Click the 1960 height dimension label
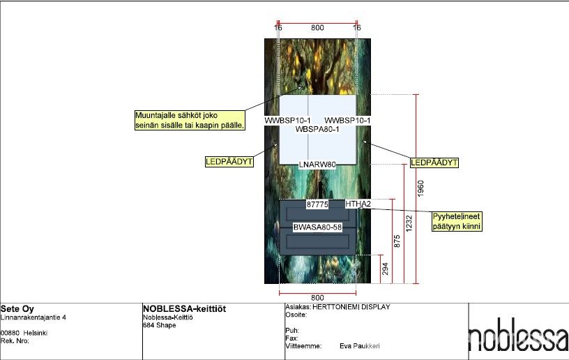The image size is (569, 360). tap(420, 188)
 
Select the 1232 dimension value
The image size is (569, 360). tap(409, 223)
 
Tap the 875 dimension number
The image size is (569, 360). tap(397, 241)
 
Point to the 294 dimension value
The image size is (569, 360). tap(385, 269)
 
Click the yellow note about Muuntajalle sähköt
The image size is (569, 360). tap(190, 120)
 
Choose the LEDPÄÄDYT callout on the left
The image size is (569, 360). tap(229, 161)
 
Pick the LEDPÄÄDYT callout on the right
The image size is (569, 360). tap(434, 163)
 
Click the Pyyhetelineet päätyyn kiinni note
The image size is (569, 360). tap(457, 221)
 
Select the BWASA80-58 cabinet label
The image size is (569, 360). tap(317, 227)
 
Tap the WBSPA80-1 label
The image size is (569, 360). tap(317, 129)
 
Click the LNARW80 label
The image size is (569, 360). tap(317, 165)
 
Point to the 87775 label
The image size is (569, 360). tap(317, 204)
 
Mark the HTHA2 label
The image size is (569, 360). tap(358, 204)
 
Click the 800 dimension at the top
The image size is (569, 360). tap(317, 28)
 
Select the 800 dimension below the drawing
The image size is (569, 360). tap(317, 298)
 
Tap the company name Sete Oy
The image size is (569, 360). tap(17, 309)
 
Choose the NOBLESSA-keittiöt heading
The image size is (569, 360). tap(184, 309)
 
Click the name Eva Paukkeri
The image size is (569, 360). tap(360, 346)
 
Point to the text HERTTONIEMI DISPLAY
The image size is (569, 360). tap(351, 307)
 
